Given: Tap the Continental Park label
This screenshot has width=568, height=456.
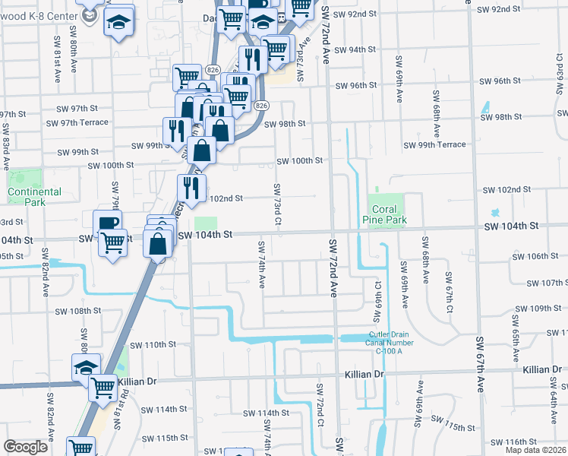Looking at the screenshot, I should coord(34,197).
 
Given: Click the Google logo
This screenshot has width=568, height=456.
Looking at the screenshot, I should coord(25,447).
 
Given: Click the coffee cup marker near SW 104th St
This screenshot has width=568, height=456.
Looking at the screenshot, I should coord(107,223).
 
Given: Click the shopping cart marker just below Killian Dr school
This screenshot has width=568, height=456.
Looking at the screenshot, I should coord(102,388).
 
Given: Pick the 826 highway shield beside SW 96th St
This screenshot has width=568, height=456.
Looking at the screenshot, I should coord(213,70).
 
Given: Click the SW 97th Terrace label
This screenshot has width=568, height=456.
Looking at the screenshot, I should coord(77,122).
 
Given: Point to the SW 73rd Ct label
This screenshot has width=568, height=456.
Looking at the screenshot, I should coord(278,205).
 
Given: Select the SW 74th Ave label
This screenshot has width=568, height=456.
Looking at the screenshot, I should coord(261,264).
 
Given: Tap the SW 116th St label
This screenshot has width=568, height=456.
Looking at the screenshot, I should coord(513,442).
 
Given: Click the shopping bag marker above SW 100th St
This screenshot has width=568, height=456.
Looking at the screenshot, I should coord(203,150).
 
